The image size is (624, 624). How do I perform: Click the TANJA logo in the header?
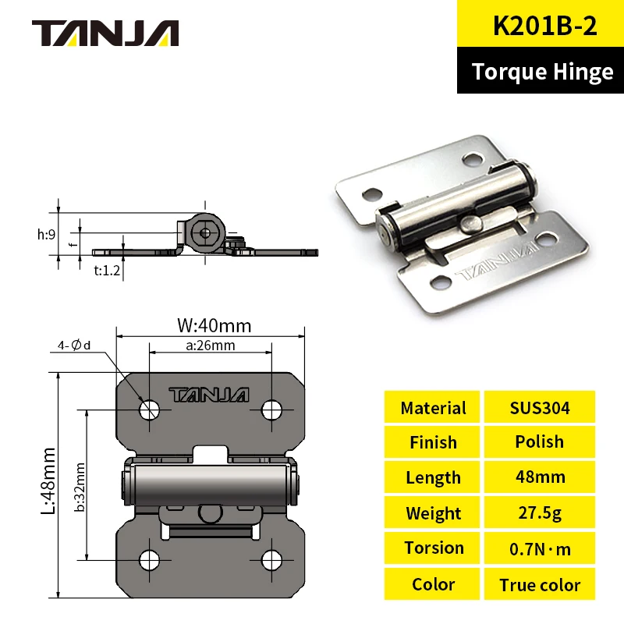click(105, 33)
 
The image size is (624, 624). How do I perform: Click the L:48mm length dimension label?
click(49, 481)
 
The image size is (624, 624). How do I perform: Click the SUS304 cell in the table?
click(539, 407)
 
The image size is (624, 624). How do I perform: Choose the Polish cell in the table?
click(539, 441)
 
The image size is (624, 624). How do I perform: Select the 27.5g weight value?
click(539, 513)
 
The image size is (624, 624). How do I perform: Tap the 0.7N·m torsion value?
click(539, 548)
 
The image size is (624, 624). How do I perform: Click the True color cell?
click(539, 584)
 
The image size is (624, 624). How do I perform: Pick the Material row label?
click(433, 407)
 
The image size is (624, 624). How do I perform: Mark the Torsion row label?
click(433, 548)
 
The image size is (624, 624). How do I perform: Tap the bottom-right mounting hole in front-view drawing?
click(271, 558)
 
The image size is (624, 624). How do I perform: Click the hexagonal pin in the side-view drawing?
click(205, 231)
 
